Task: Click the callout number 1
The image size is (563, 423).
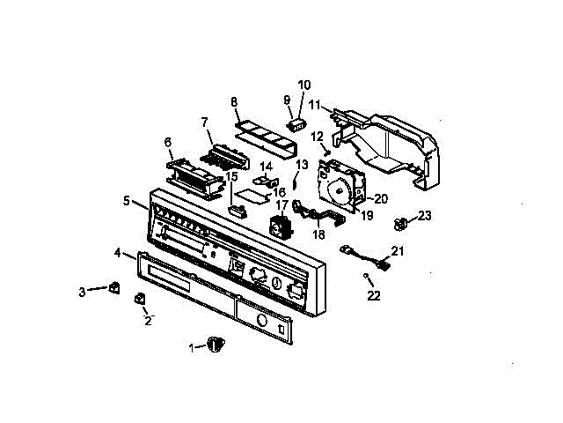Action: click(x=192, y=347)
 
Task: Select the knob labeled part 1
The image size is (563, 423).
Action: click(x=216, y=344)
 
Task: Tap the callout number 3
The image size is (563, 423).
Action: click(x=83, y=291)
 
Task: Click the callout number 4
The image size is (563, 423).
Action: click(x=118, y=253)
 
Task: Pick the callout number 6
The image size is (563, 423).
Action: click(x=167, y=140)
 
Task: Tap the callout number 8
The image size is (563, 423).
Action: click(x=234, y=102)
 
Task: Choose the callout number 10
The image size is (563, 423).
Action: click(x=303, y=85)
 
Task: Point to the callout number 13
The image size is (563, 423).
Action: click(x=302, y=164)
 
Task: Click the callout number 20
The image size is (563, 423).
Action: click(x=382, y=198)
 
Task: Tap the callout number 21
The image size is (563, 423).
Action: click(x=398, y=251)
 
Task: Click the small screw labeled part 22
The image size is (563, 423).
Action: click(x=365, y=278)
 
